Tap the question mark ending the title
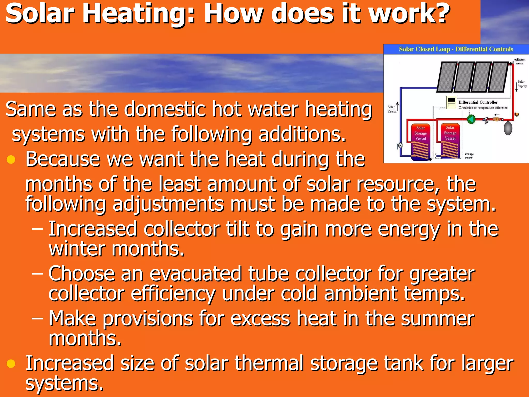pyautogui.click(x=441, y=13)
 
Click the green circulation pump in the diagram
pyautogui.click(x=471, y=119)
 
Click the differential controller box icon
pyautogui.click(x=452, y=102)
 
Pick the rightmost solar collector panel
pyautogui.click(x=499, y=77)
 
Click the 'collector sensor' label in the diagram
pyautogui.click(x=519, y=62)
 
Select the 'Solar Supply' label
pyautogui.click(x=522, y=84)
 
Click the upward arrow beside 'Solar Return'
pyautogui.click(x=397, y=106)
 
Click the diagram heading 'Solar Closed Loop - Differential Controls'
pyautogui.click(x=456, y=49)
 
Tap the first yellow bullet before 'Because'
pyautogui.click(x=11, y=159)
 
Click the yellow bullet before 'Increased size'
pyautogui.click(x=11, y=363)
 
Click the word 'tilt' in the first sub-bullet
pyautogui.click(x=237, y=229)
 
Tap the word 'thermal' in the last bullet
pyautogui.click(x=269, y=363)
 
